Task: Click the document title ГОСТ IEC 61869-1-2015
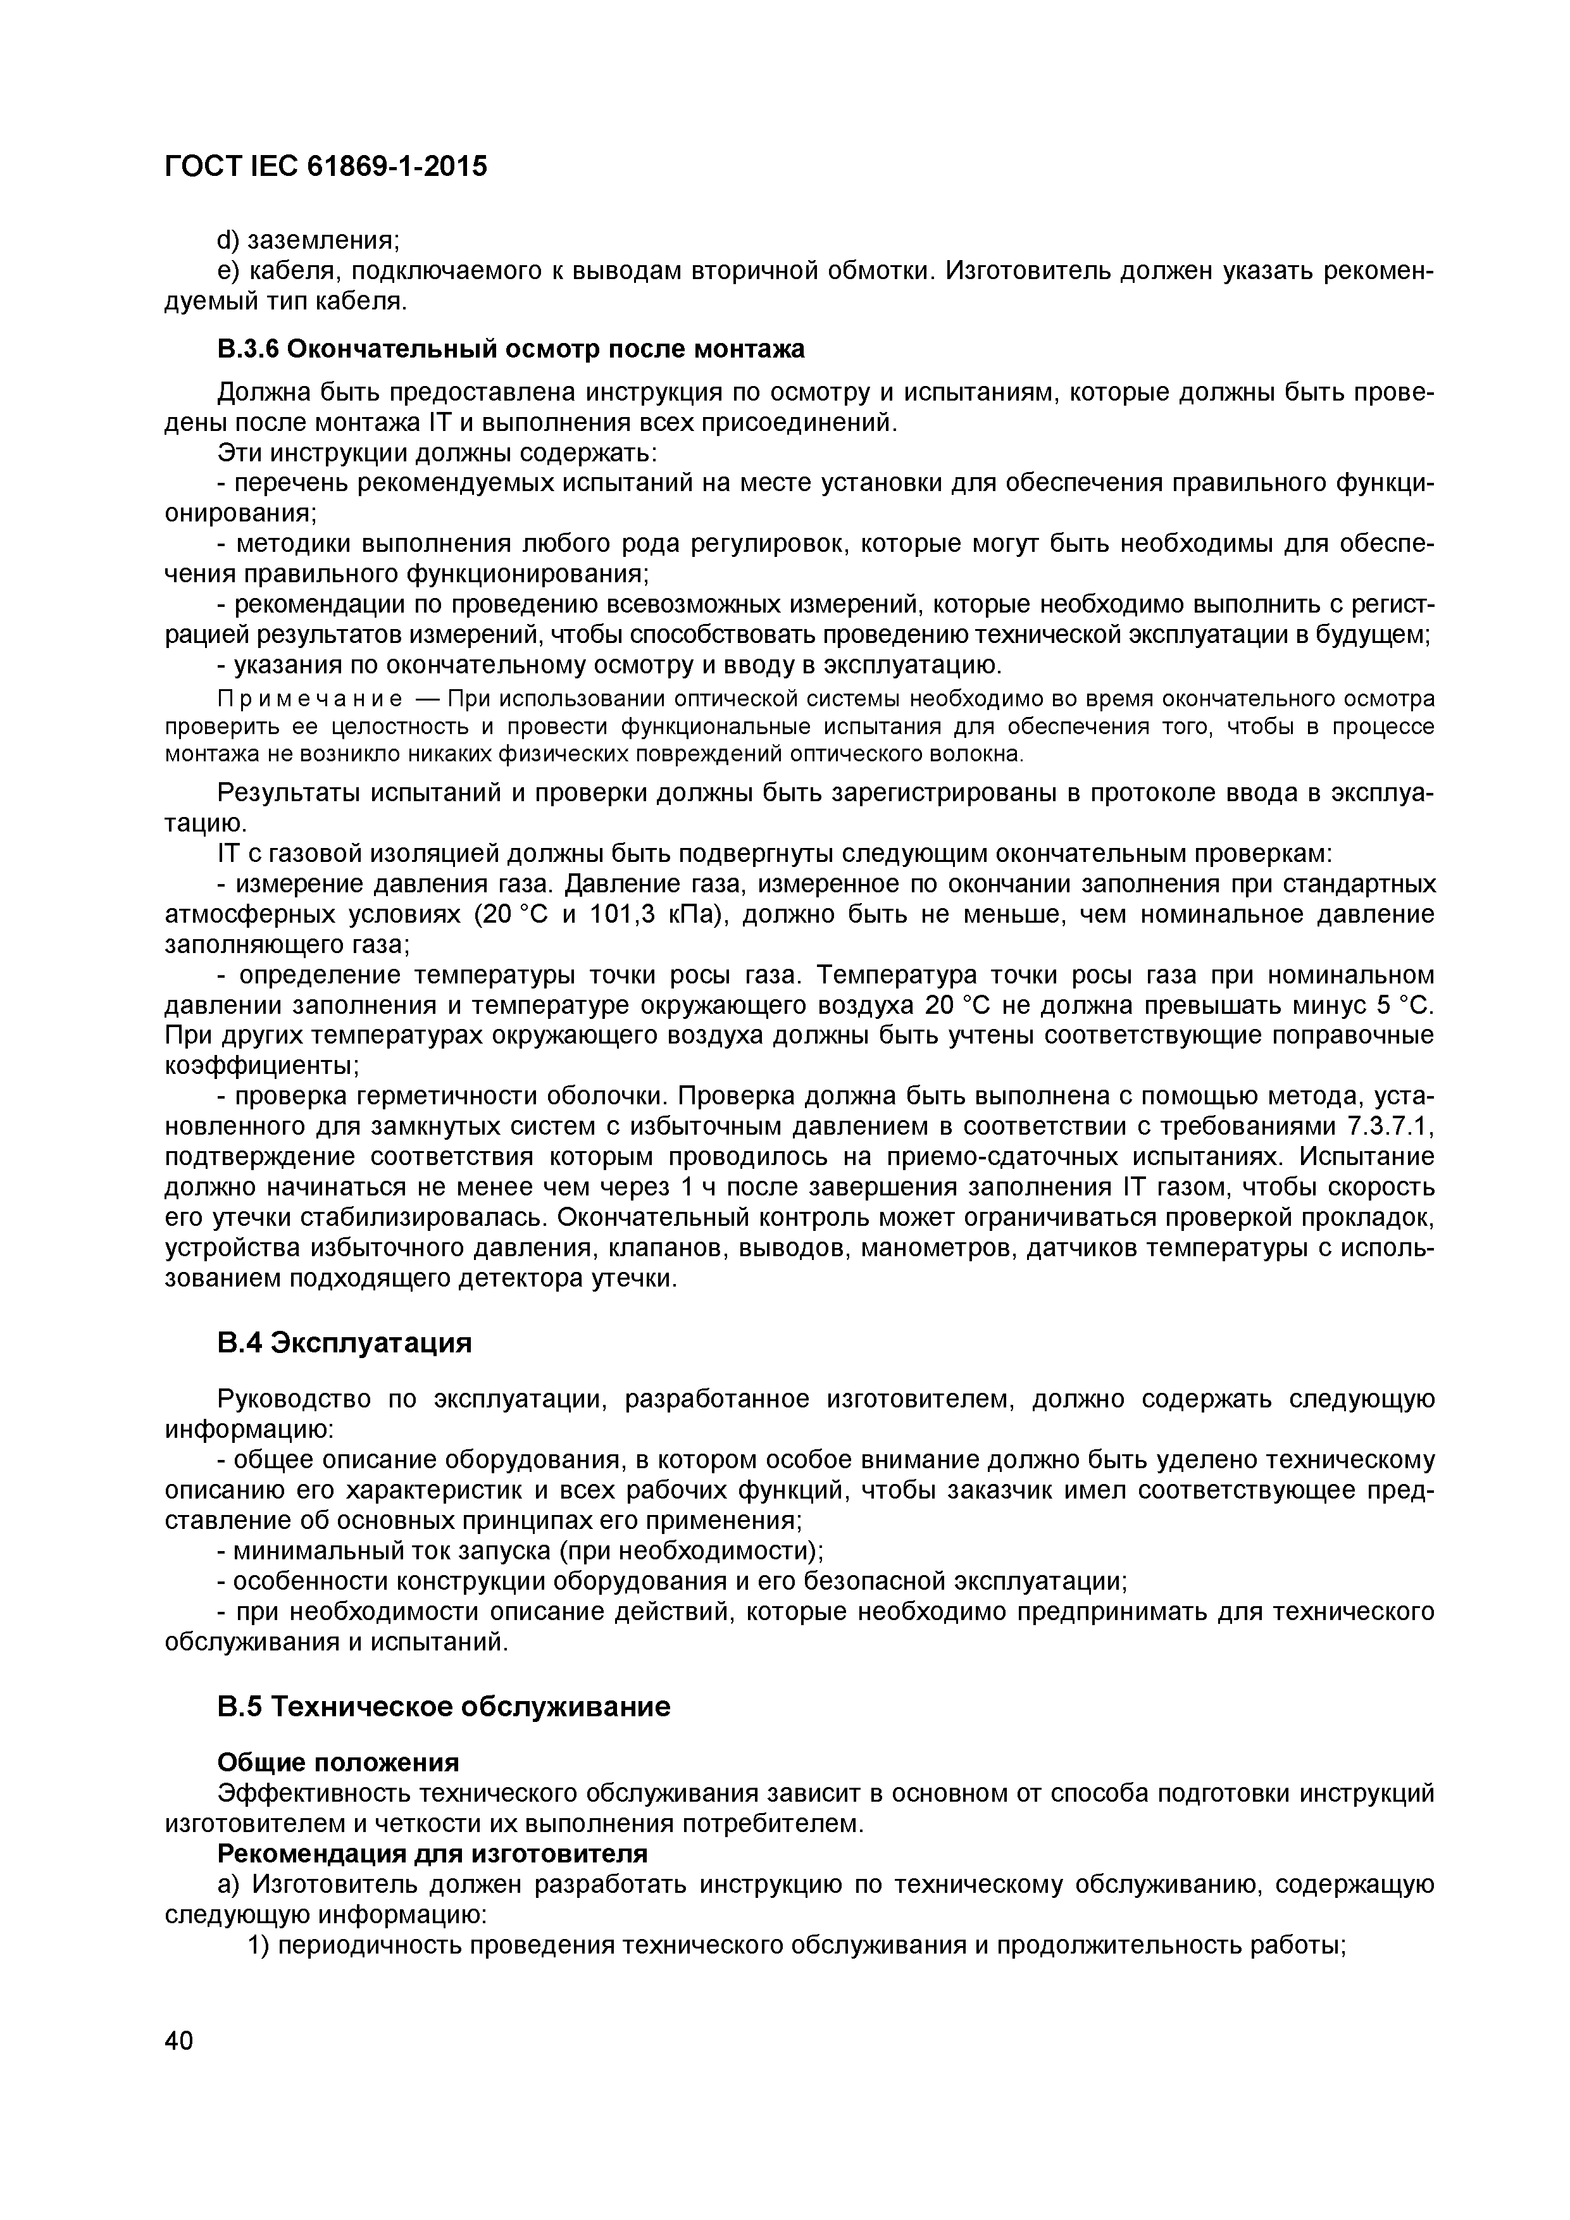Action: (326, 166)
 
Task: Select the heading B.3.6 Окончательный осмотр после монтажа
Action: (511, 348)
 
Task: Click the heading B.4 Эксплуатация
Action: (344, 1343)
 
